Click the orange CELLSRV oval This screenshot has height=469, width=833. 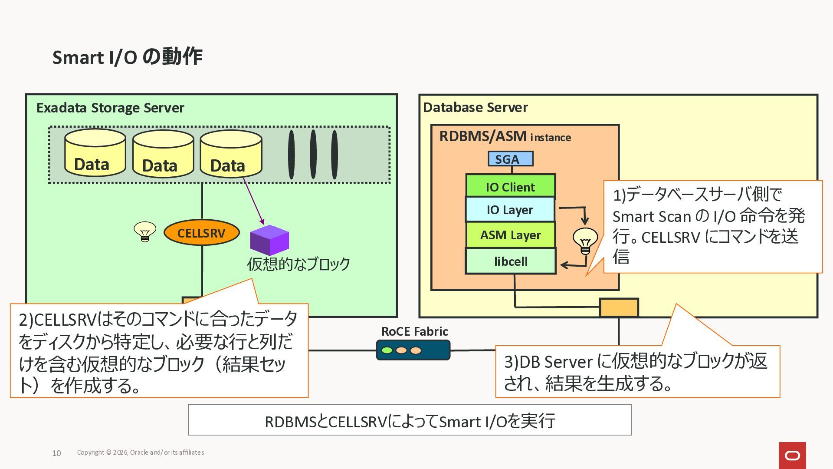201,233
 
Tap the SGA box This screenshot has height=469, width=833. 510,159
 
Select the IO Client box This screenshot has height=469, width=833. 510,187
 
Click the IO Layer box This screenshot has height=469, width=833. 510,210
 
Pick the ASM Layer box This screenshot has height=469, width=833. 510,235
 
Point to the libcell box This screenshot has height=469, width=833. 511,261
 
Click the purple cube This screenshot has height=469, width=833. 269,240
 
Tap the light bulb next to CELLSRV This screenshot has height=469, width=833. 145,231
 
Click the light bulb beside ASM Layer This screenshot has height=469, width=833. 585,241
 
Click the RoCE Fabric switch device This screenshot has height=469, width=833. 413,350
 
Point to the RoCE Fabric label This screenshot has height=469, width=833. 414,331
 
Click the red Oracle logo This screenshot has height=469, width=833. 792,455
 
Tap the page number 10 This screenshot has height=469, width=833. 56,453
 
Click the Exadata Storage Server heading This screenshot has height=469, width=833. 110,108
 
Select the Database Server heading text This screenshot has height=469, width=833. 475,107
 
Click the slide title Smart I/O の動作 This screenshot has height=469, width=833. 127,57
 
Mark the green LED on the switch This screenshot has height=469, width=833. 387,350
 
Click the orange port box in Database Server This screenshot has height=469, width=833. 619,307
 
